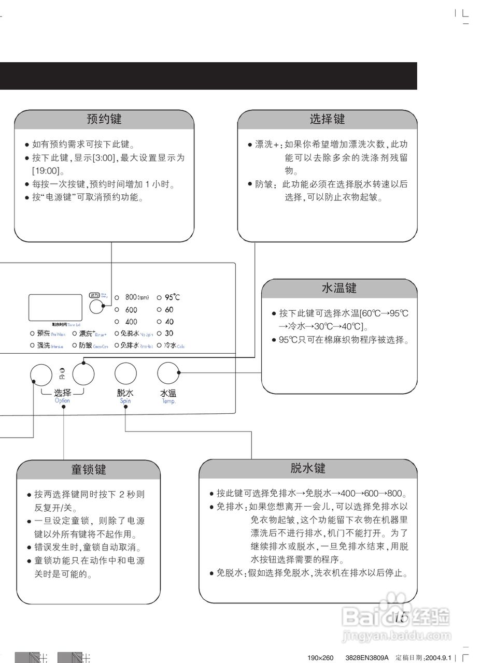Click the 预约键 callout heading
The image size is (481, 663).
tap(104, 119)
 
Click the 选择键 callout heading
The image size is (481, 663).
tap(327, 119)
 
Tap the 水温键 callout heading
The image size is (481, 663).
tap(339, 289)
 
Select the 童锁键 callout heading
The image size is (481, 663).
tap(89, 469)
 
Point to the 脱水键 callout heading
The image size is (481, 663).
tap(308, 468)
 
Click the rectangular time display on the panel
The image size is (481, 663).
tap(55, 307)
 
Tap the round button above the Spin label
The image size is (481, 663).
tap(125, 373)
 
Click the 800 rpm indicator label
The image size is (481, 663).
tap(137, 297)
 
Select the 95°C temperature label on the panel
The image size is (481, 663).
tap(172, 297)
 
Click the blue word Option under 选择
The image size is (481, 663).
tap(62, 401)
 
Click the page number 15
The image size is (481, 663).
tap(400, 617)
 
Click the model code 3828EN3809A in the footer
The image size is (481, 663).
tap(366, 658)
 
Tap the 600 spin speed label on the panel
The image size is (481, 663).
tap(131, 310)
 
